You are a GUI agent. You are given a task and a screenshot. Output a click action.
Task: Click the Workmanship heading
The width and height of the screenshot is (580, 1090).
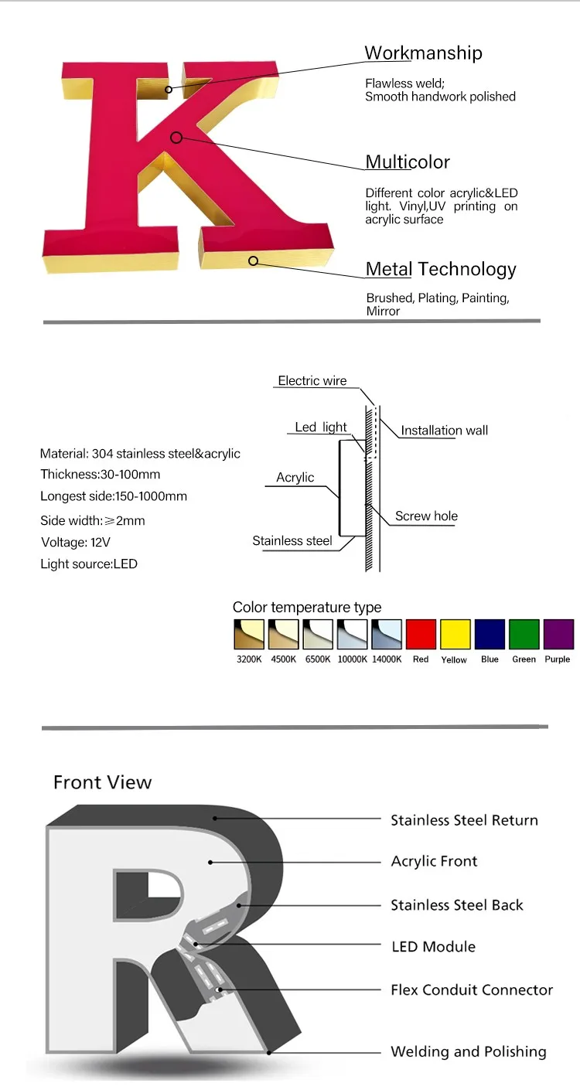pyautogui.click(x=423, y=53)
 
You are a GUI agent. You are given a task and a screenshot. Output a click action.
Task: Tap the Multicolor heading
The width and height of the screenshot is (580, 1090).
pyautogui.click(x=408, y=162)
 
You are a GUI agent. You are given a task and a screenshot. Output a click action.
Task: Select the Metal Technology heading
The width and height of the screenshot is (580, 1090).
pyautogui.click(x=441, y=269)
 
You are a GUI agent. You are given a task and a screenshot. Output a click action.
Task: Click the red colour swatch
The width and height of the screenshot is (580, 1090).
pyautogui.click(x=421, y=635)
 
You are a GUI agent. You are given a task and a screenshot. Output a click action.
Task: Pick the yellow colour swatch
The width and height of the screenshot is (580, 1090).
pyautogui.click(x=455, y=635)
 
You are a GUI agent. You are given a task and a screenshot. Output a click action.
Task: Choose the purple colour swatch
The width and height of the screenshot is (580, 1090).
pyautogui.click(x=558, y=635)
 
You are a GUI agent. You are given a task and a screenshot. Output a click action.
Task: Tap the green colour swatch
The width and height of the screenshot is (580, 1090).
pyautogui.click(x=524, y=635)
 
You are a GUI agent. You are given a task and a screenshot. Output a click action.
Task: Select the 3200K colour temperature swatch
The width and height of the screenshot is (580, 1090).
pyautogui.click(x=249, y=635)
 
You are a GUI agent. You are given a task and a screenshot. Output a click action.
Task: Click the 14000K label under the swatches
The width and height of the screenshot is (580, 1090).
pyautogui.click(x=387, y=659)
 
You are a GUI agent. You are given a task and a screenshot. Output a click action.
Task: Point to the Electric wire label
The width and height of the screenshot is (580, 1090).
pyautogui.click(x=312, y=380)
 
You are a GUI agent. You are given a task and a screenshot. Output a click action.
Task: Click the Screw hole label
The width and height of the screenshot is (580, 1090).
pyautogui.click(x=426, y=516)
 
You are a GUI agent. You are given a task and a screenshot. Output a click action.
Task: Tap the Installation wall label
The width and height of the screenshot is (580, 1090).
pyautogui.click(x=444, y=431)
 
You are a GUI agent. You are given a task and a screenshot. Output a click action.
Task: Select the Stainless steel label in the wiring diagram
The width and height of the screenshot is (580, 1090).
pyautogui.click(x=292, y=541)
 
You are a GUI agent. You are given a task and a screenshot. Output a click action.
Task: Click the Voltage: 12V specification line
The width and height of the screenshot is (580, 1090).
pyautogui.click(x=74, y=543)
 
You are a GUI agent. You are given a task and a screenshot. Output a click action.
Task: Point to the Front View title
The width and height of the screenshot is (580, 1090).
pyautogui.click(x=103, y=782)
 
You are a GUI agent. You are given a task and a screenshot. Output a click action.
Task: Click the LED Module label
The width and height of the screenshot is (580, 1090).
pyautogui.click(x=433, y=946)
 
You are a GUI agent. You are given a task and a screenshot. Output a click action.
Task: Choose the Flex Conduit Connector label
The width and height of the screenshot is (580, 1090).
pyautogui.click(x=472, y=990)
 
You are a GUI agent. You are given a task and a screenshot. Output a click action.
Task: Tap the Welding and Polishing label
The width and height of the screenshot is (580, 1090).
pyautogui.click(x=468, y=1051)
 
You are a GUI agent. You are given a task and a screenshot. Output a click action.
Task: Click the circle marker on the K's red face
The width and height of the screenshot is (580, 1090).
pyautogui.click(x=176, y=138)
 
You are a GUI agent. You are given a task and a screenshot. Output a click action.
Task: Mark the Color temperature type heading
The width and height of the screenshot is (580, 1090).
pyautogui.click(x=307, y=607)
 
